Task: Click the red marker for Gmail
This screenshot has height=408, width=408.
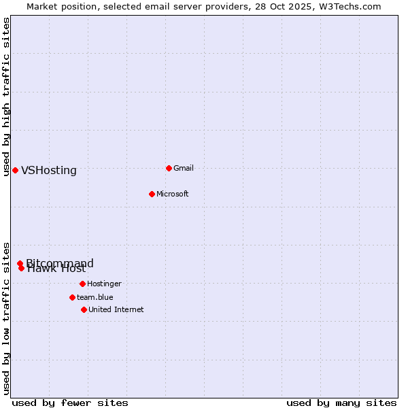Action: click(x=169, y=168)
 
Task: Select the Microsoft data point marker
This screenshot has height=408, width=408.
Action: click(x=152, y=194)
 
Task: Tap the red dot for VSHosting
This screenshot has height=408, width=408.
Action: click(x=15, y=170)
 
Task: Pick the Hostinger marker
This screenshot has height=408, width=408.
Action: click(x=82, y=284)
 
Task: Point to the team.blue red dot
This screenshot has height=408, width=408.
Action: click(x=72, y=297)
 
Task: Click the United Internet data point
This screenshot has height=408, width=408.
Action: click(x=84, y=309)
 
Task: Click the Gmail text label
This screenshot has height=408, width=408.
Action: click(x=184, y=168)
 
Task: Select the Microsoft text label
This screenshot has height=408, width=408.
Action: click(x=173, y=194)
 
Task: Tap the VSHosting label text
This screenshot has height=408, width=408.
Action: click(x=49, y=171)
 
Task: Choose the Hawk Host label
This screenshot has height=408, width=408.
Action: click(x=57, y=269)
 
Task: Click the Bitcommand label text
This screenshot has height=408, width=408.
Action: click(x=61, y=262)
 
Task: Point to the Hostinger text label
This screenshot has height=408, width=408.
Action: click(x=105, y=284)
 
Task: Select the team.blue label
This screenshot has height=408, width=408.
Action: click(x=95, y=297)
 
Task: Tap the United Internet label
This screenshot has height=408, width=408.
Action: click(x=116, y=309)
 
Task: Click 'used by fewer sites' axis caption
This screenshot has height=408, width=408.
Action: click(x=70, y=403)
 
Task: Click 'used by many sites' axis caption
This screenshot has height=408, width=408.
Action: click(x=341, y=403)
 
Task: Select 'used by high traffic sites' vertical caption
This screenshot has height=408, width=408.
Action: click(x=7, y=97)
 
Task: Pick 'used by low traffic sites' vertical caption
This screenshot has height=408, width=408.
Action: click(x=7, y=318)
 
